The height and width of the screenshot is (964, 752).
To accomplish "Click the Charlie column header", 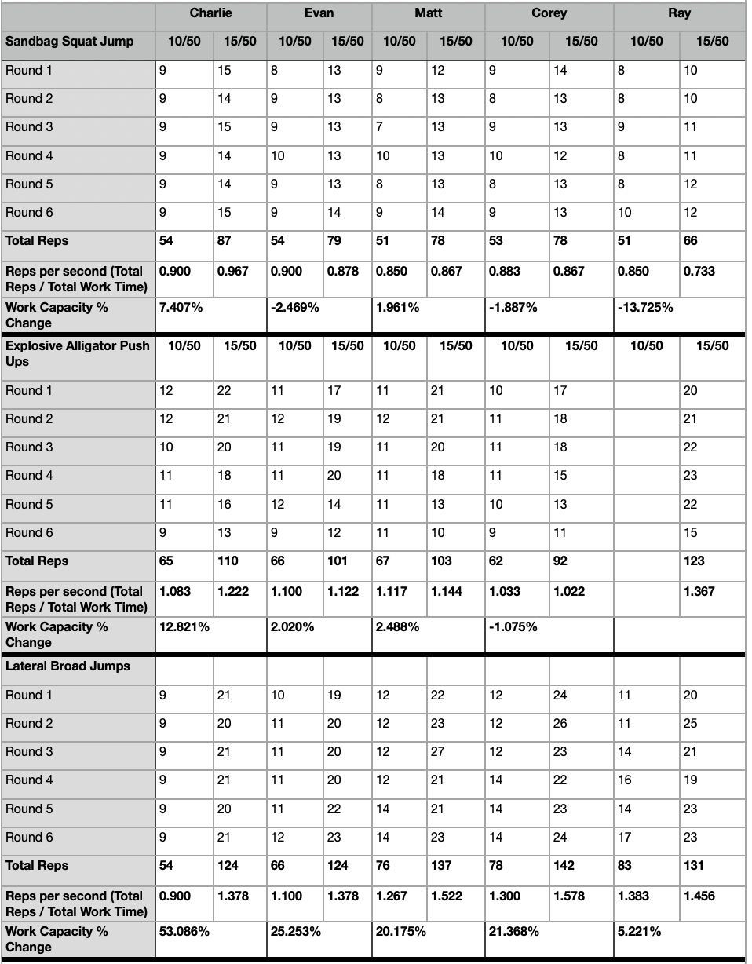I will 210,13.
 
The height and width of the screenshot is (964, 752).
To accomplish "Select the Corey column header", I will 549,13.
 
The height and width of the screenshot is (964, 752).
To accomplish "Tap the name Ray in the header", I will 680,13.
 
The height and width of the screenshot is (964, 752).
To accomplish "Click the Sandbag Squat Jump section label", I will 70,42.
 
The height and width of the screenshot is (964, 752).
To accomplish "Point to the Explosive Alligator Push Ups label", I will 77,353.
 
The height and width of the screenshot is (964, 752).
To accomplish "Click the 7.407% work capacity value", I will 181,307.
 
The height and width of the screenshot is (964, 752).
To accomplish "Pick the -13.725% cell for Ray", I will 645,307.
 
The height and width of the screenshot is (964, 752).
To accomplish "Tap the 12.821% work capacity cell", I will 184,626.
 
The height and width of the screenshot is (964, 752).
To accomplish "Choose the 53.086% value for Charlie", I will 184,931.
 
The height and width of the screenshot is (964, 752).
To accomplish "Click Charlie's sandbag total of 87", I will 225,241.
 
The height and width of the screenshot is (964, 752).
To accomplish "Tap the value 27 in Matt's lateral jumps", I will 437,751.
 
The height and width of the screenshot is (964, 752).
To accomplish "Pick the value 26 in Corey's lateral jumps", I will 560,723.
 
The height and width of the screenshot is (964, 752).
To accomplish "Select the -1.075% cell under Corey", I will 513,626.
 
